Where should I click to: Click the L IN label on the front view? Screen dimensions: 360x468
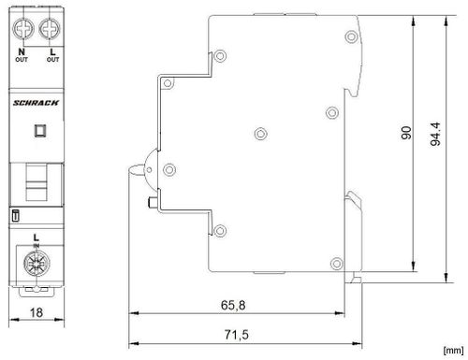pyautogui.click(x=36, y=241)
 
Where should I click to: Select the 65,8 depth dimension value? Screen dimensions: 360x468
pyautogui.click(x=239, y=304)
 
